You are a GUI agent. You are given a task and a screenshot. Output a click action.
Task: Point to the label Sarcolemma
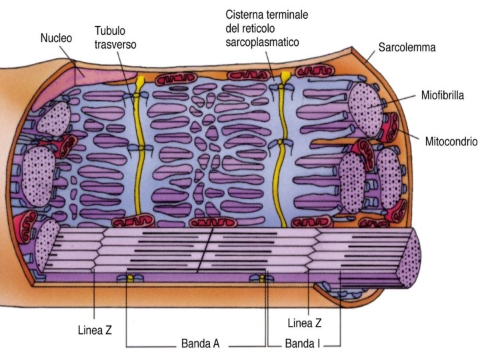[x=407, y=48]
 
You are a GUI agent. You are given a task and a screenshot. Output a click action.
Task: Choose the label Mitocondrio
[x=450, y=141]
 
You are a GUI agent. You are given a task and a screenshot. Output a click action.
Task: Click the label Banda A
[x=200, y=345]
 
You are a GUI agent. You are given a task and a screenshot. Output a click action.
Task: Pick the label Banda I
[x=303, y=345]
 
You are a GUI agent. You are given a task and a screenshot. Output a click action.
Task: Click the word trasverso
[x=115, y=45]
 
